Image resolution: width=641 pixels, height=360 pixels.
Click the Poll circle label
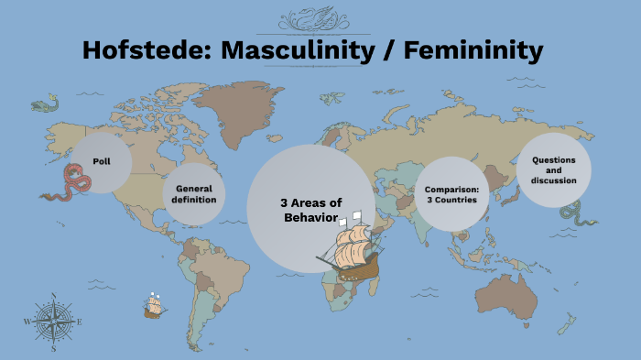click(x=101, y=161)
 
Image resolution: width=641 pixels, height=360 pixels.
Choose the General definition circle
click(x=194, y=194)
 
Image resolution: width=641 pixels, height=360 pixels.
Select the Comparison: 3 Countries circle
click(x=451, y=194)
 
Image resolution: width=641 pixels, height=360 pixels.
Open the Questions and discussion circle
click(x=553, y=169)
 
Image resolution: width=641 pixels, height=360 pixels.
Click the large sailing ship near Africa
click(x=352, y=250)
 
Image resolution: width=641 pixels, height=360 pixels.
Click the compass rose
click(x=53, y=322)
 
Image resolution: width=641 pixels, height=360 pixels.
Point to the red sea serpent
click(x=70, y=183)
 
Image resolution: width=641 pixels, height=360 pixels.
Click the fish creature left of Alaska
click(x=43, y=105)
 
